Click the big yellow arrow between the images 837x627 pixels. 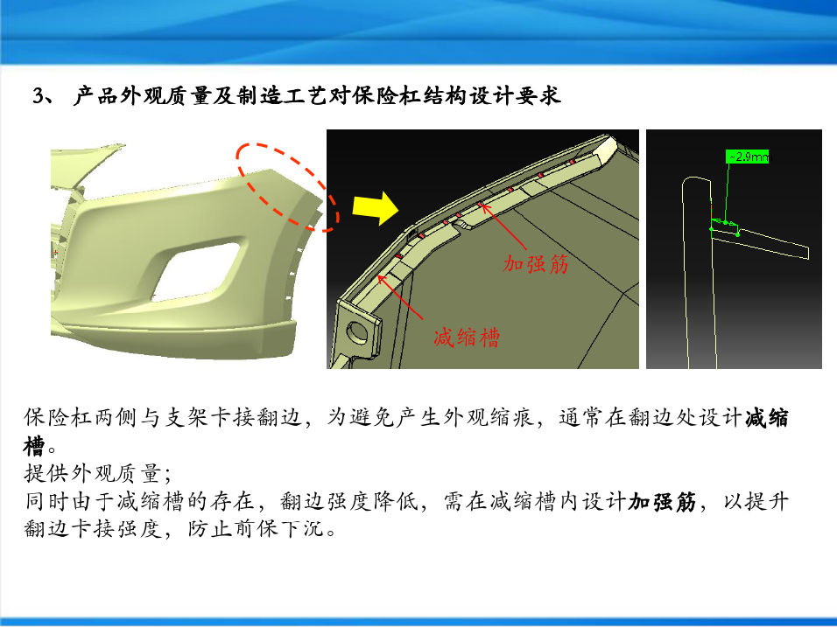pos(376,208)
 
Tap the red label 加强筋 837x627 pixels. pos(536,264)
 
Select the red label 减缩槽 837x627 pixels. pos(467,338)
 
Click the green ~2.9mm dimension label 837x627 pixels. pos(748,157)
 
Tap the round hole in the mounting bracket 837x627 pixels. pos(357,331)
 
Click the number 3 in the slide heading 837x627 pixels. pos(39,96)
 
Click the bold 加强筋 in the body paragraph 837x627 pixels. pos(662,502)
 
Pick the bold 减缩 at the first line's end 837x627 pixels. pos(767,417)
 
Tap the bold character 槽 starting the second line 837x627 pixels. pos(33,446)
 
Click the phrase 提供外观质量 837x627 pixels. pos(92,473)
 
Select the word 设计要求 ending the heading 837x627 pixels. pos(515,96)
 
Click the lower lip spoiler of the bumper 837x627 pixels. pos(176,336)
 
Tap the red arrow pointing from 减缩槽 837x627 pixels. pos(400,297)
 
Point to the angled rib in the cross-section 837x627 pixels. pos(761,241)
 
